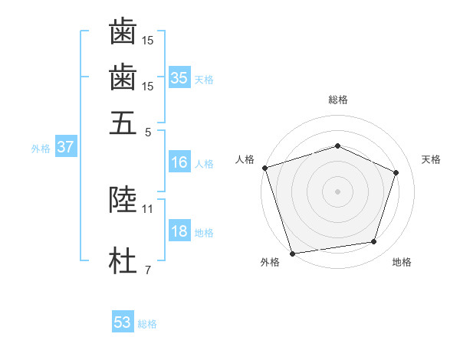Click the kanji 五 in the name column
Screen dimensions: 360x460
click(x=123, y=123)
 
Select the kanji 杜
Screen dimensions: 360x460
click(x=123, y=261)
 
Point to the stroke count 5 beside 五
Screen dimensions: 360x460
click(x=147, y=132)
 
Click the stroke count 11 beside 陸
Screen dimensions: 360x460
click(x=148, y=208)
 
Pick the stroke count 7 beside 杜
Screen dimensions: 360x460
click(x=147, y=270)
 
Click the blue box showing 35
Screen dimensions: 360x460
click(x=179, y=77)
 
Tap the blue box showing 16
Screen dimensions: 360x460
click(x=179, y=162)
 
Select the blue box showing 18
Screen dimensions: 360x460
click(x=179, y=232)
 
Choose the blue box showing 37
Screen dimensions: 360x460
click(x=65, y=147)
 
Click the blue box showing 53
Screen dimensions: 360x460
click(x=123, y=322)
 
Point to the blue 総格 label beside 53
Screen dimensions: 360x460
click(x=147, y=324)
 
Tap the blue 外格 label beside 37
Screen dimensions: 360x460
click(x=41, y=149)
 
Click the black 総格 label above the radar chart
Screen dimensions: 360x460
click(x=337, y=100)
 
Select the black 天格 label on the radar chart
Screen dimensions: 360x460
click(x=431, y=159)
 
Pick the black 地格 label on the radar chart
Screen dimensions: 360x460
click(x=402, y=263)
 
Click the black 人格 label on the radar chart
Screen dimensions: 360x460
click(x=245, y=159)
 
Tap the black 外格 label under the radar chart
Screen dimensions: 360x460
click(x=270, y=263)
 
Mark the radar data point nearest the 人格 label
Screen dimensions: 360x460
click(x=264, y=168)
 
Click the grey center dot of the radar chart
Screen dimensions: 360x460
click(x=337, y=191)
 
